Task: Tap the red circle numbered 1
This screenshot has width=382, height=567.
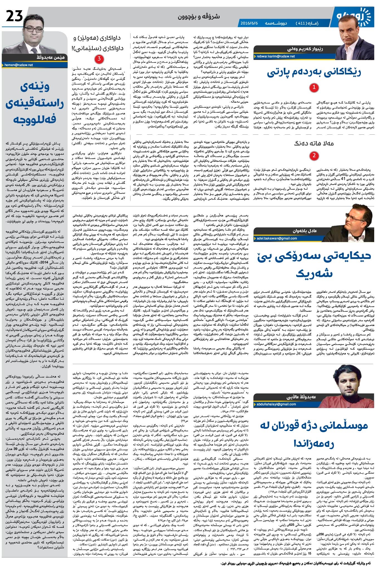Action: coord(314,88)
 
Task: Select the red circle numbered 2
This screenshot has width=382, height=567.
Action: coord(314,155)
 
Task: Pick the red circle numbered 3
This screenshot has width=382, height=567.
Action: coord(99,59)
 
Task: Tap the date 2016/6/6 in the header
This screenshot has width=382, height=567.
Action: coord(249,23)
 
